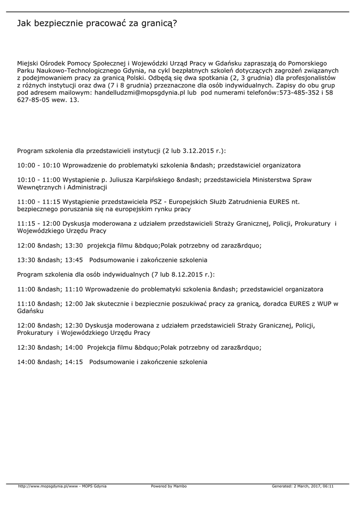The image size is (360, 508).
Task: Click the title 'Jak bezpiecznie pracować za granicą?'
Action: coord(97,23)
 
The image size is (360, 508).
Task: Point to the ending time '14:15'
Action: coord(74,362)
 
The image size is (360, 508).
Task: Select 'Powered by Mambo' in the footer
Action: coord(169,486)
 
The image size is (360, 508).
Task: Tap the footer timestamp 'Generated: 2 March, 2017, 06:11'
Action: coord(302,486)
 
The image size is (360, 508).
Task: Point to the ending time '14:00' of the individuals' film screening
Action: coord(74,347)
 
